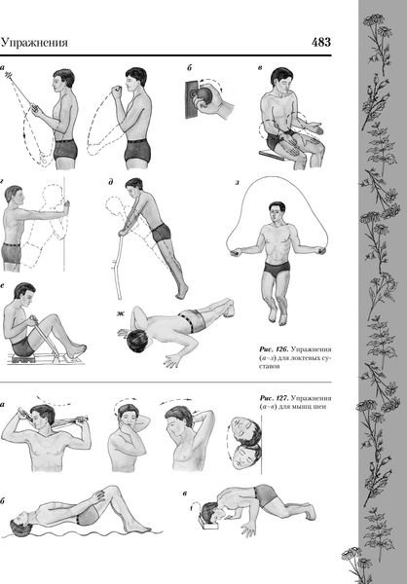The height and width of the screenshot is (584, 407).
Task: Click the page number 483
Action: click(x=321, y=42)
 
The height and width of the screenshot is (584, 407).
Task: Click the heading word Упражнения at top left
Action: click(x=34, y=43)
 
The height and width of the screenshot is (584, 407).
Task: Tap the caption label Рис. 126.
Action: click(x=274, y=349)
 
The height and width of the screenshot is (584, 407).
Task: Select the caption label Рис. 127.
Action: click(x=274, y=398)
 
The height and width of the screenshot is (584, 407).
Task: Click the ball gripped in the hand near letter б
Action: click(x=203, y=96)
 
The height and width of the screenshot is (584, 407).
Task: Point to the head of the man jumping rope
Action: click(x=277, y=211)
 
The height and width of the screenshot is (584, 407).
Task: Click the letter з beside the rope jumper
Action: click(x=237, y=183)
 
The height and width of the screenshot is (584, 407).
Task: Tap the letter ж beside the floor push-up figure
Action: click(x=120, y=313)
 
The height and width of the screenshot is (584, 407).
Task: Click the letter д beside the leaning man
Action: click(x=111, y=182)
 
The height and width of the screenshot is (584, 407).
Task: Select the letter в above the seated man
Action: click(x=259, y=68)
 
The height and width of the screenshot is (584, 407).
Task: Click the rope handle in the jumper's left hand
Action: click(x=320, y=251)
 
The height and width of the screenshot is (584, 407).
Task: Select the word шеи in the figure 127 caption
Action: click(x=320, y=406)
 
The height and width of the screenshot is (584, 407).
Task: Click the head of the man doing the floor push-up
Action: click(x=137, y=341)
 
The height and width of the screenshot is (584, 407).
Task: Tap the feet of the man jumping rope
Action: click(x=277, y=315)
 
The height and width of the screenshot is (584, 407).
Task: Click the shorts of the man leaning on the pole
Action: click(x=161, y=233)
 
